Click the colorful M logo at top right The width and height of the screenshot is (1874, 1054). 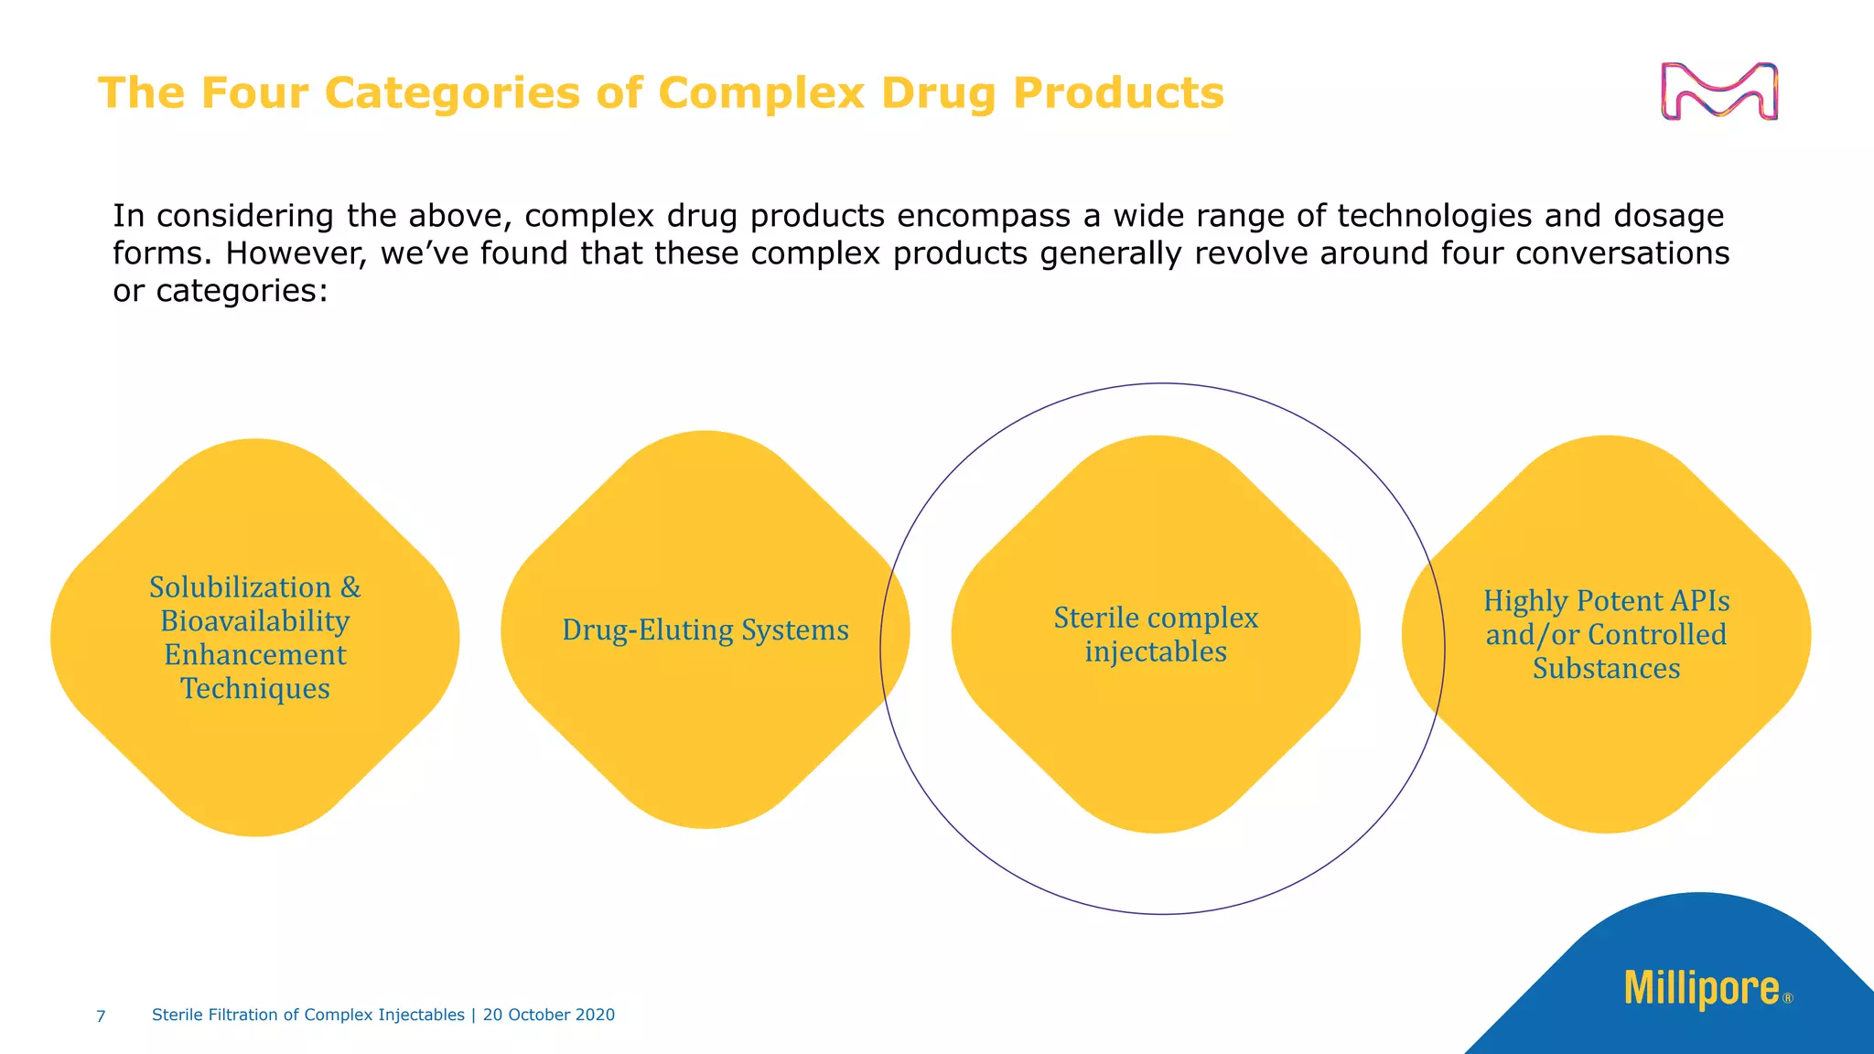[1719, 91]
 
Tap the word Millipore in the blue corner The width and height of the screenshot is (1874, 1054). [1701, 989]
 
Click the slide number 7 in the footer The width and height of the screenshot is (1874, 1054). [101, 1016]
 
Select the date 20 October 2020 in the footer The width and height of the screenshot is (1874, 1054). [549, 1015]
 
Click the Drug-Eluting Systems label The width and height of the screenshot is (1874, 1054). [705, 629]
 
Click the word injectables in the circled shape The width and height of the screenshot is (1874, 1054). [1156, 651]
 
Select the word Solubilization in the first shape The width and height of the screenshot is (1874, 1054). [240, 586]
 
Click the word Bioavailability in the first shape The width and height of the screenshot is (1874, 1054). [254, 620]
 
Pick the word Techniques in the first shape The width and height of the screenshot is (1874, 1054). [254, 688]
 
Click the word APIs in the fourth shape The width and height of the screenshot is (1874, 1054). [1699, 600]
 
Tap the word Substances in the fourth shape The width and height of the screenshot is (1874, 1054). [1606, 668]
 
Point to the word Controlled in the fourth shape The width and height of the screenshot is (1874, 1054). [1657, 634]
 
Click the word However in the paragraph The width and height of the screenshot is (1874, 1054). [296, 253]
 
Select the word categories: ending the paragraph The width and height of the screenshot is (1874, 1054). [242, 291]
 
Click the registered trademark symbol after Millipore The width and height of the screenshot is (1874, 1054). [1788, 999]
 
